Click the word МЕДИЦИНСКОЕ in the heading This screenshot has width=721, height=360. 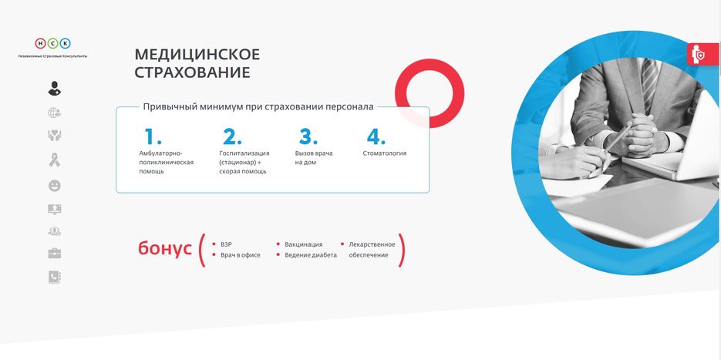coord(197,54)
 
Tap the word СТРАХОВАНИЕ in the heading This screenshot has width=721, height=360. coord(192,72)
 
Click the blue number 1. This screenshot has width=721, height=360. coord(152,136)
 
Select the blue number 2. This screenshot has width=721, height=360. coord(232,136)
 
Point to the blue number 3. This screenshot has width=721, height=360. coord(308,136)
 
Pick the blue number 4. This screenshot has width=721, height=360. coord(376,136)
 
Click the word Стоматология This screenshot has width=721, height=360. coord(385,153)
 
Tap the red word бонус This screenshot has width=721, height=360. coord(164,248)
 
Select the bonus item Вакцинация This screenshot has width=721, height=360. coord(304,244)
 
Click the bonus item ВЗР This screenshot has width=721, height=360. coord(226,244)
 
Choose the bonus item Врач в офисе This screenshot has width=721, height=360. coord(240,254)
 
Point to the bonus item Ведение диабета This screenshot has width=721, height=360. coord(311,254)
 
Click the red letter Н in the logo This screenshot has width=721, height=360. coord(40,44)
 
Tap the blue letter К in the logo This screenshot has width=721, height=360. coord(66,44)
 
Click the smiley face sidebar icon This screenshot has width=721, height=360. coord(55,186)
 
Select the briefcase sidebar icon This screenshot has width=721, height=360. coord(55,253)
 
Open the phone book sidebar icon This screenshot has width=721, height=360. coord(55,277)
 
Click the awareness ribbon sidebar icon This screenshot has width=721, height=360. coord(55,160)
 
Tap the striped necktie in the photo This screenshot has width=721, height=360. coord(649,82)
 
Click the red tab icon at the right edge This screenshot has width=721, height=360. coord(703,54)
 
